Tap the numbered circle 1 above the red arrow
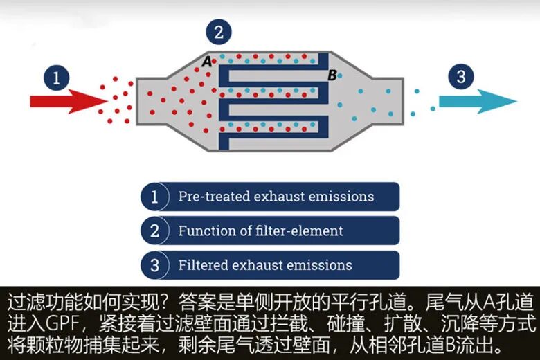pyautogui.click(x=57, y=77)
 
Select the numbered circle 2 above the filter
pyautogui.click(x=219, y=31)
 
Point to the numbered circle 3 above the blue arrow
pyautogui.click(x=461, y=77)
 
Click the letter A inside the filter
pyautogui.click(x=206, y=62)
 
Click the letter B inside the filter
pyautogui.click(x=332, y=75)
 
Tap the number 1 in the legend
pyautogui.click(x=154, y=197)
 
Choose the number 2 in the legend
pyautogui.click(x=154, y=231)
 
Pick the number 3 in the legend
pyautogui.click(x=154, y=265)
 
